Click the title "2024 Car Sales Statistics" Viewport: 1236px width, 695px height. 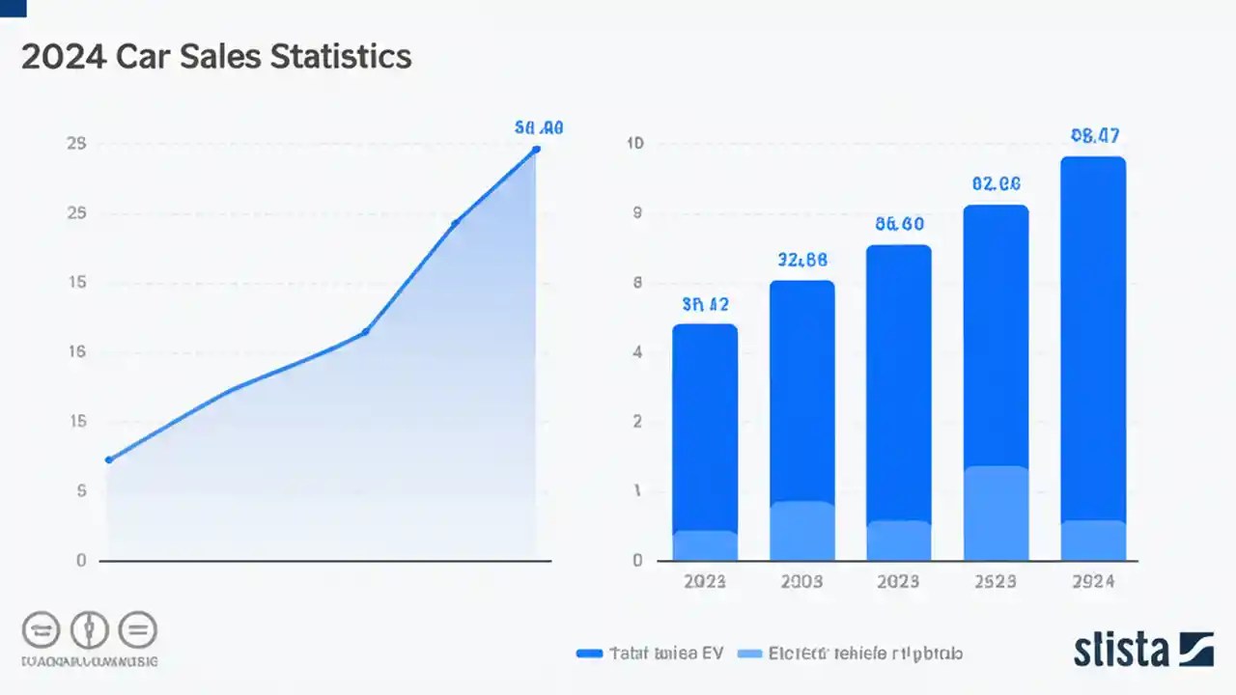coord(216,57)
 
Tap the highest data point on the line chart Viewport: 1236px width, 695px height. coord(536,149)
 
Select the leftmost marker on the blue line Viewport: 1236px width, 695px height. coord(108,459)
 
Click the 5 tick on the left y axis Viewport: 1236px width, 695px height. coord(81,491)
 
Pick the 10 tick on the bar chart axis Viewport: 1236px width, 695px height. coord(635,144)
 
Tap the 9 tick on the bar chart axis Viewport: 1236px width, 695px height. coord(636,213)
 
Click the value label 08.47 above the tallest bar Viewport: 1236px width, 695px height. coord(1095,136)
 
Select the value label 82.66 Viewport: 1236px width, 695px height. coord(997,183)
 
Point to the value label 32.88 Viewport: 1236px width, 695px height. coord(801,260)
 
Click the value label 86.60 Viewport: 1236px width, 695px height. coord(899,224)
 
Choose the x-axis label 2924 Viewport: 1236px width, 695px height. coord(1093,581)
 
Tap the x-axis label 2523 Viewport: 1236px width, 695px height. coord(997,581)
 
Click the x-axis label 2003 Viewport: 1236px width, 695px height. coord(801,581)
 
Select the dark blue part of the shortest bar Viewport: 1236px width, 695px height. coord(705,425)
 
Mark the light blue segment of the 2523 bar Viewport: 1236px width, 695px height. coord(997,512)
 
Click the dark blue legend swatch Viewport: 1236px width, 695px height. coord(589,653)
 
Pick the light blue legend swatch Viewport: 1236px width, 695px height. coord(749,653)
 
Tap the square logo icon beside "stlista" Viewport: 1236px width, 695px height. coord(1195,649)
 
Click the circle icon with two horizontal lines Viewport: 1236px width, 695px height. coord(138,630)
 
